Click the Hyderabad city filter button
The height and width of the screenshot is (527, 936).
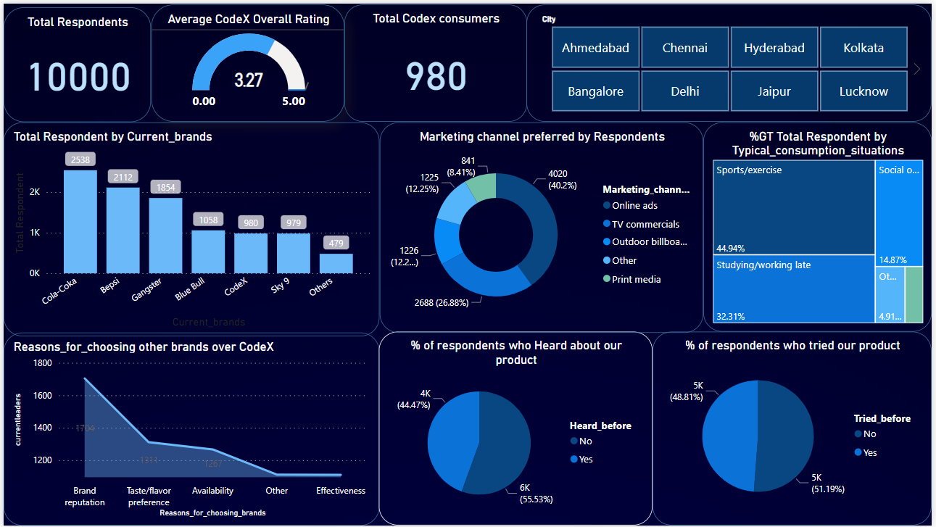[x=774, y=49]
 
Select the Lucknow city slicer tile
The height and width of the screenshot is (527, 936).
[x=863, y=91]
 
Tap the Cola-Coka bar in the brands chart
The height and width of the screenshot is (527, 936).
[x=80, y=221]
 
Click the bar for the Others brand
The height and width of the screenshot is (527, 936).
[x=336, y=263]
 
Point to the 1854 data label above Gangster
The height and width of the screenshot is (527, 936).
[x=165, y=187]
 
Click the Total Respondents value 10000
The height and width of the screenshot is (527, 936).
[x=78, y=78]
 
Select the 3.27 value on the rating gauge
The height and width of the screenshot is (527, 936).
[x=249, y=80]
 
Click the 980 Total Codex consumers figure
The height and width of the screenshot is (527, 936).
[x=436, y=76]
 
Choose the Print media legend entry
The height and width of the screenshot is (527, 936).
[x=636, y=279]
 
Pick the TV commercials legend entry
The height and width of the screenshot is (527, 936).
[x=645, y=224]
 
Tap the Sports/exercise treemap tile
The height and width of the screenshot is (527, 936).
[x=793, y=207]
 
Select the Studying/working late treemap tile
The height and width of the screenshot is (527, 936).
[x=793, y=289]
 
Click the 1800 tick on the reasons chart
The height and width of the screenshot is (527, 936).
[x=44, y=363]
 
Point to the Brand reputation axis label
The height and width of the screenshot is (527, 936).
[x=85, y=497]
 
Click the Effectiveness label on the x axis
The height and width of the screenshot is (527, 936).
[x=341, y=491]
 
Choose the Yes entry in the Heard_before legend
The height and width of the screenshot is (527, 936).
[x=586, y=459]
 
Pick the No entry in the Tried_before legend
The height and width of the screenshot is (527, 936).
[x=869, y=434]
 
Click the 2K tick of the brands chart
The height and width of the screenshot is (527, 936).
[x=35, y=193]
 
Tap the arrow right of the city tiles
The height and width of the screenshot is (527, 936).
[x=917, y=69]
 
